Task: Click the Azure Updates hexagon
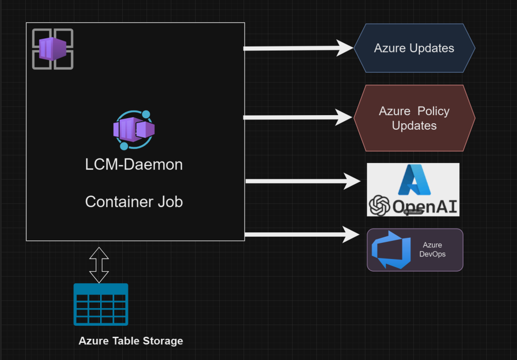pos(414,48)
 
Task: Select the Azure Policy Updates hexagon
pos(414,118)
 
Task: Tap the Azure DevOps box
pos(414,250)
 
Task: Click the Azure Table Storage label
pos(130,341)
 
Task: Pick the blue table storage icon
pos(101,304)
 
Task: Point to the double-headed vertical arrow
pos(99,265)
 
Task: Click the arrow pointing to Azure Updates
pos(298,48)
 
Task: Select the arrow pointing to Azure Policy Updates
pos(298,117)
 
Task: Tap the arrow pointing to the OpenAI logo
pos(302,181)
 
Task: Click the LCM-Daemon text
pos(134,165)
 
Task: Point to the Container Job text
pos(134,201)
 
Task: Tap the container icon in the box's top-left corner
pos(53,49)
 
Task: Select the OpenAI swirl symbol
pos(379,205)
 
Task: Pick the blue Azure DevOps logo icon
pos(388,250)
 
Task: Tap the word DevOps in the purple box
pos(432,254)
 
